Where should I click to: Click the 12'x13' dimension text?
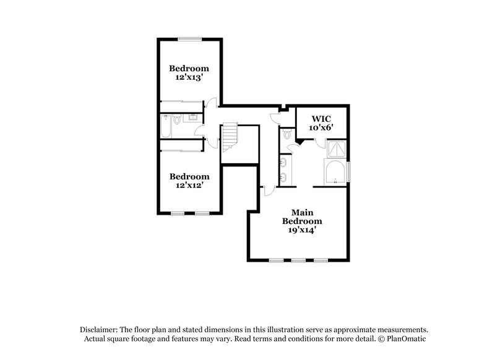coord(189,79)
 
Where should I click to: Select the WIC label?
coord(321,118)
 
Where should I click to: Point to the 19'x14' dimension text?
coord(302,230)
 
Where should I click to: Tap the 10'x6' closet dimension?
coord(321,128)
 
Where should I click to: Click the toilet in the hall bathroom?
coord(178,120)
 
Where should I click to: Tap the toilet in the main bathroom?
coord(286,134)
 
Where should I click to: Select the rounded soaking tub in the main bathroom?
coord(336,173)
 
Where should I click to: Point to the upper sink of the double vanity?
coord(285,163)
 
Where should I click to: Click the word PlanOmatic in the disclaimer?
coord(406,339)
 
